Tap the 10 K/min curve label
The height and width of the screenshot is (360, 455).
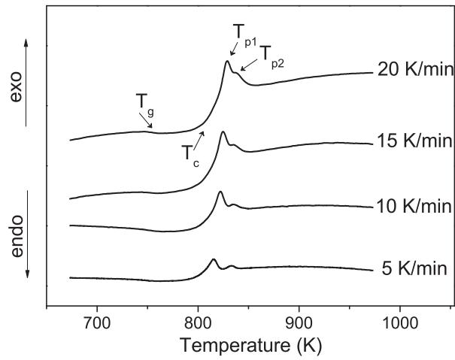click(x=413, y=205)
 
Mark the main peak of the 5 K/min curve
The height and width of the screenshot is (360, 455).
click(x=214, y=259)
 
